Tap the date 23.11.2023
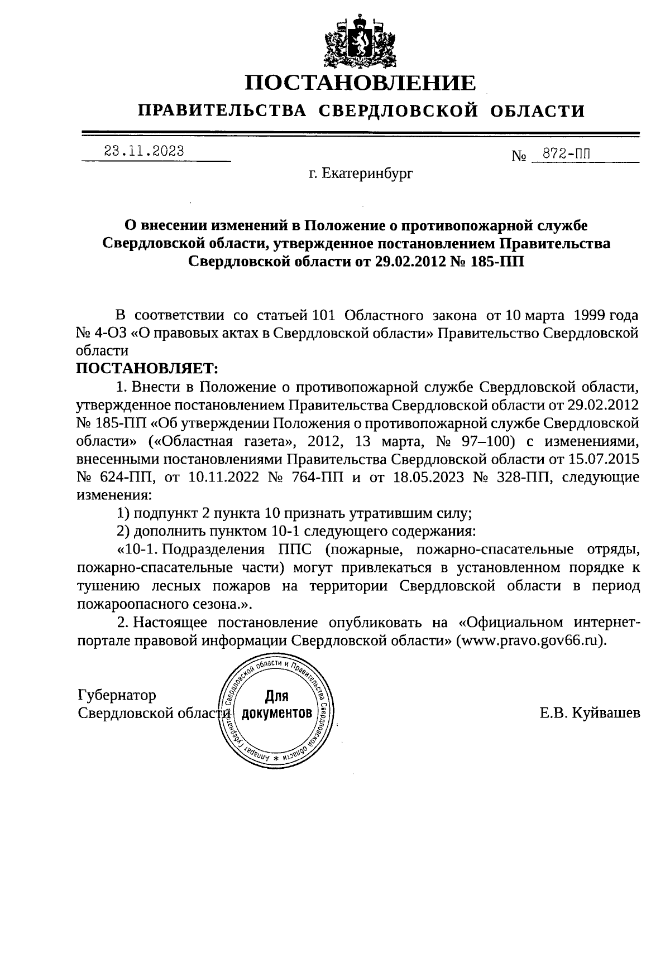(144, 151)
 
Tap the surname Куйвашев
(605, 713)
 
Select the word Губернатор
(117, 695)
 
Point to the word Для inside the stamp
(276, 696)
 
